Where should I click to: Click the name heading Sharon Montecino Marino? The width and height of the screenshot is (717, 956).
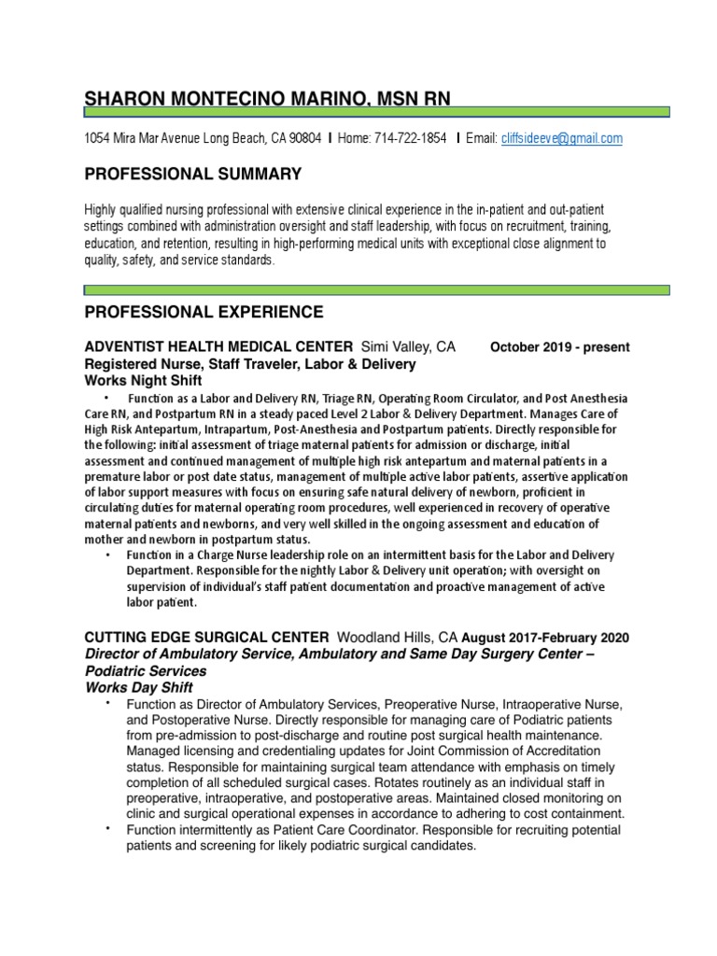272,97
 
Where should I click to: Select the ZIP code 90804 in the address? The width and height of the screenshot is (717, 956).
305,138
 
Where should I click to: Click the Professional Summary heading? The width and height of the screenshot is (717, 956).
193,174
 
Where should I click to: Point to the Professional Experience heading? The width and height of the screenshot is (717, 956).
204,312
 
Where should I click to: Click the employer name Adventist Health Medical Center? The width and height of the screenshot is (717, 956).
219,346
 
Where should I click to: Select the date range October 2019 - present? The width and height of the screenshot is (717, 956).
560,347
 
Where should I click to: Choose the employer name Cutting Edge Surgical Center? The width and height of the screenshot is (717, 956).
206,638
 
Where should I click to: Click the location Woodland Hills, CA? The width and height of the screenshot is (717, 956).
398,638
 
